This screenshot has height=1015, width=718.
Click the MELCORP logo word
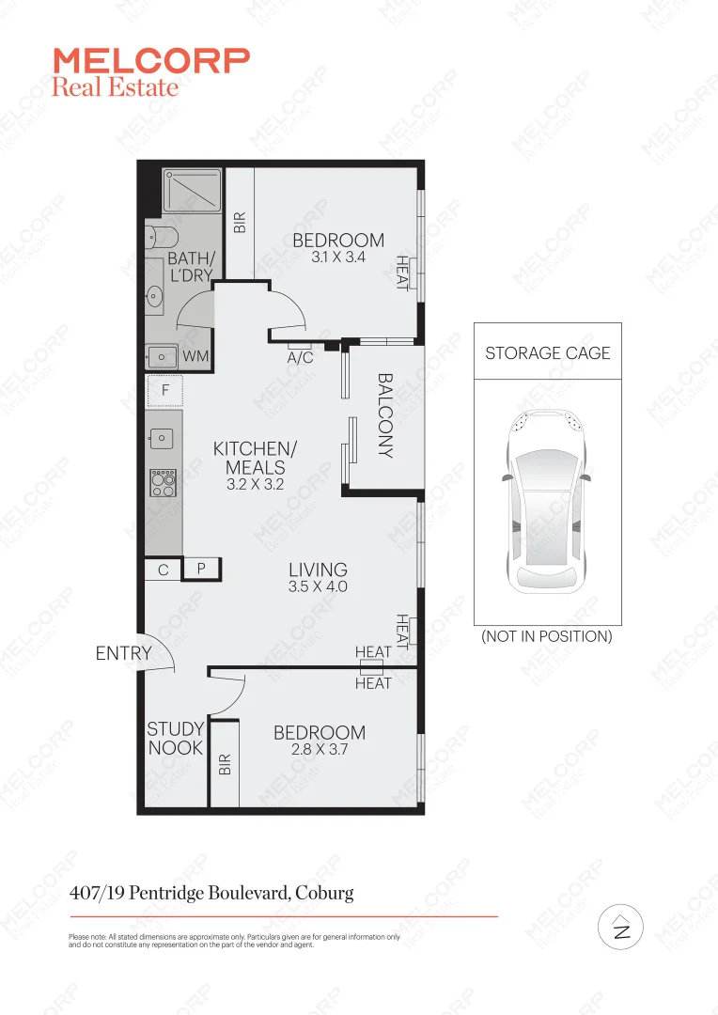[151, 61]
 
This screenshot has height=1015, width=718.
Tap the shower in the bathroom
[192, 190]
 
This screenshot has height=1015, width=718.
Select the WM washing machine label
[195, 356]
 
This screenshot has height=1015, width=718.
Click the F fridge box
[164, 390]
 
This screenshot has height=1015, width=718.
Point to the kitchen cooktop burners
[163, 483]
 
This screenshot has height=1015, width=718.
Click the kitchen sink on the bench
[162, 437]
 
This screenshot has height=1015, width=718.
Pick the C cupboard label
[163, 569]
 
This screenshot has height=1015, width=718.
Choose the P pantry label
[201, 569]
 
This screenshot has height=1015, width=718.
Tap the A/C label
[301, 358]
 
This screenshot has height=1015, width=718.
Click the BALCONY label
[385, 414]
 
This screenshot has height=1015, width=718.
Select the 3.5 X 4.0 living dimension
[318, 586]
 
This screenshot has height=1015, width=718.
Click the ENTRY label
[123, 653]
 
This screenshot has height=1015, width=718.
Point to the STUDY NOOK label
[175, 739]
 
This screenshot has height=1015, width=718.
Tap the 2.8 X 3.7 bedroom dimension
[319, 750]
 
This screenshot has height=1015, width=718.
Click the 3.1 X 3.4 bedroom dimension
[338, 256]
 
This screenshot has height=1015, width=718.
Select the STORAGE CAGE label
[547, 353]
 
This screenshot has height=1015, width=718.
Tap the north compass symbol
[620, 929]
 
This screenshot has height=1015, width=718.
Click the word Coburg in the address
[324, 893]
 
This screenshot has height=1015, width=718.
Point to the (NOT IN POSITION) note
[547, 636]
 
